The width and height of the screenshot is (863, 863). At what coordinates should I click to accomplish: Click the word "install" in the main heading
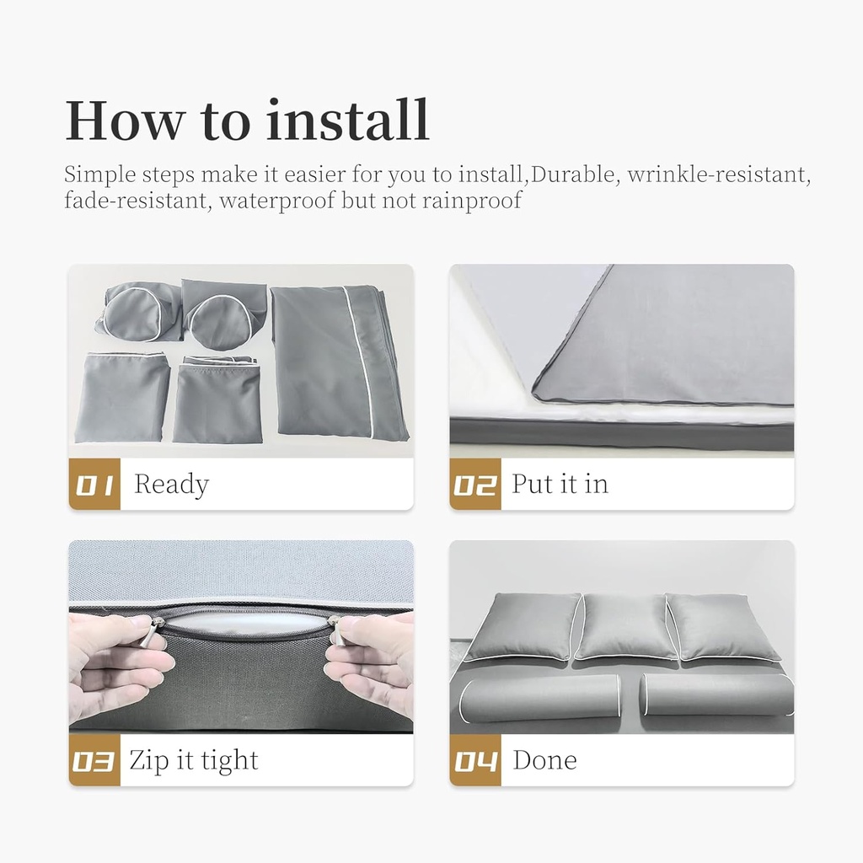coord(347,120)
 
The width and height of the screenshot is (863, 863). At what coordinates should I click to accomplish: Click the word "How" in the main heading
coord(124,121)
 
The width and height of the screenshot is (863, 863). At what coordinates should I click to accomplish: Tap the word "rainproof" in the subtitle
coord(472,201)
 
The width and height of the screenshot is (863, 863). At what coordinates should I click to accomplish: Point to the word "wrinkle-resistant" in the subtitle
coord(719,174)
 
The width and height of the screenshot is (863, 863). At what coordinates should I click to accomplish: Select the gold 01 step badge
coord(94,484)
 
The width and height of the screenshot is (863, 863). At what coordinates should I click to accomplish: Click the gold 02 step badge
coord(475,484)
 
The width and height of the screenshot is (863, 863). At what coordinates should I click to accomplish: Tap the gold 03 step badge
coord(94,760)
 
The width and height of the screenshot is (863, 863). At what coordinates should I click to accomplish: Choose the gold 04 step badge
coord(475,760)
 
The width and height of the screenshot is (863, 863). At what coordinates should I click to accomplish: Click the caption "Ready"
coord(172,485)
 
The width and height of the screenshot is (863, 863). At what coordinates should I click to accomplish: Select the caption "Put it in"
coord(560,484)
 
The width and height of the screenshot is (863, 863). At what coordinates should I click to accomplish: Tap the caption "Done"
coord(545,760)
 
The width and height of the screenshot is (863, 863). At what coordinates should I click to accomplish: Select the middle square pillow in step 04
coord(626,626)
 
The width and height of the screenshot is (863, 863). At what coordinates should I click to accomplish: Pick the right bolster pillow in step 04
coord(716,695)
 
